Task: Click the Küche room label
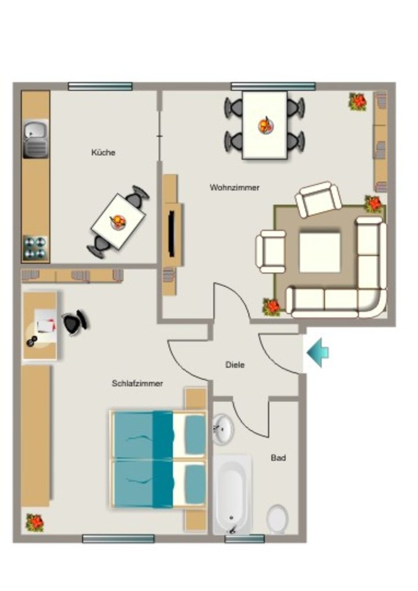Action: [x=103, y=152]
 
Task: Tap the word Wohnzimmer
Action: [x=234, y=188]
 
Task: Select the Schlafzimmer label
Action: [x=137, y=383]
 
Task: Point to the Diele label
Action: [x=235, y=365]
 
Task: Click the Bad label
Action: [x=278, y=458]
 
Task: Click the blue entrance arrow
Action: [x=318, y=353]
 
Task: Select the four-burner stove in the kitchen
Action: [x=35, y=248]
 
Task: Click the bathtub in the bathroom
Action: [x=232, y=495]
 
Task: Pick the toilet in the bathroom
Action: [x=277, y=519]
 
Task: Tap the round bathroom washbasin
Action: [x=223, y=429]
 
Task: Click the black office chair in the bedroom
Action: [x=76, y=322]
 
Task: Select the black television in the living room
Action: [x=171, y=234]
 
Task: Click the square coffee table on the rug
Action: [x=320, y=252]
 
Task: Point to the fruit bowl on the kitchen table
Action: [x=118, y=222]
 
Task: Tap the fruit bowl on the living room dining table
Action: [x=266, y=125]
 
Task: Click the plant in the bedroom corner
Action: [x=35, y=523]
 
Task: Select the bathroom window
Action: [x=244, y=539]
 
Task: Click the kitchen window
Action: [x=100, y=87]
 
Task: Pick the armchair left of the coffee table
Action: [x=271, y=252]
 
